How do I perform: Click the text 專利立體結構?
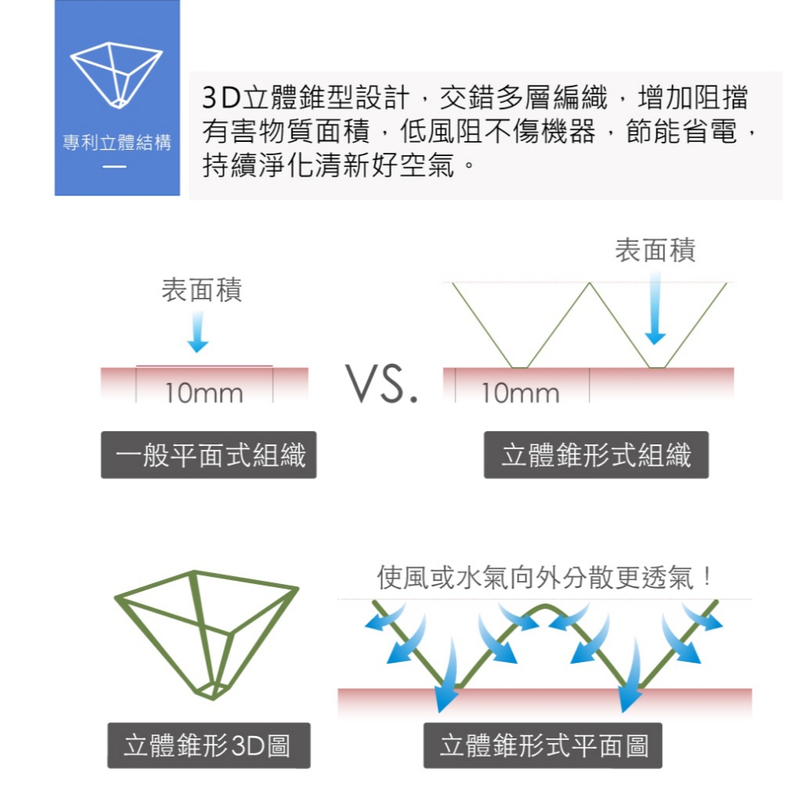(117, 143)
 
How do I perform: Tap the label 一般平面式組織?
(209, 455)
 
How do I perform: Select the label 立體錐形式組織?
(596, 455)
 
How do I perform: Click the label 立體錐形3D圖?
(209, 746)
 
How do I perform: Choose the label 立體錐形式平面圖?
(543, 746)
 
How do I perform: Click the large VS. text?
(381, 385)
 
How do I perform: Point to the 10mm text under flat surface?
(203, 392)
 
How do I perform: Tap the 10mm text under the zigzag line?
(520, 392)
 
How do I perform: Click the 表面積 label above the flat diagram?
(202, 290)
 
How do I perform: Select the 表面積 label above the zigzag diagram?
(656, 251)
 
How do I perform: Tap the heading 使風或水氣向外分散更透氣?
(536, 578)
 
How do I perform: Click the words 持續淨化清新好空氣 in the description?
(329, 165)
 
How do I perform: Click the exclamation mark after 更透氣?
(707, 578)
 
